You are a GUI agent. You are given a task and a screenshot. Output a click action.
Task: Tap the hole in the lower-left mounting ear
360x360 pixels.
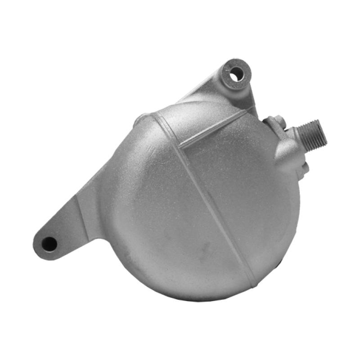click(49, 244)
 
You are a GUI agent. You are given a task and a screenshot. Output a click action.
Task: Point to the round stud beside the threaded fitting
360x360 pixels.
click(276, 121)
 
